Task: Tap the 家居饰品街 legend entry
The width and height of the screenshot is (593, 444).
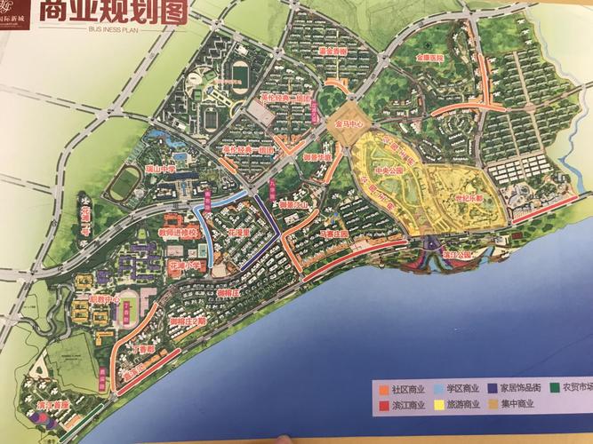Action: (x=519, y=389)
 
